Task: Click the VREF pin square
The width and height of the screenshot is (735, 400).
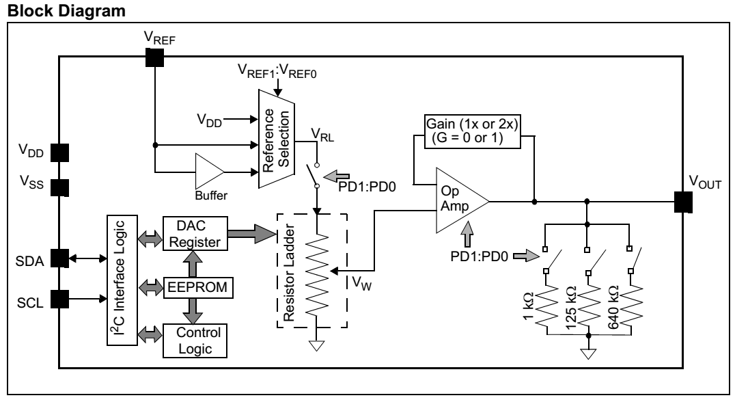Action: pyautogui.click(x=154, y=57)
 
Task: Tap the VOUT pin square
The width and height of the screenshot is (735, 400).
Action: pyautogui.click(x=683, y=202)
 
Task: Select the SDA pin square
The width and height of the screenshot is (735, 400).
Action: pyautogui.click(x=59, y=258)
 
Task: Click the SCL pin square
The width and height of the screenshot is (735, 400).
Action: pyautogui.click(x=59, y=299)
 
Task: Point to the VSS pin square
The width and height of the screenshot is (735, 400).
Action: pyautogui.click(x=59, y=188)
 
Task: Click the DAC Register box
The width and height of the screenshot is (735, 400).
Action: pyautogui.click(x=195, y=233)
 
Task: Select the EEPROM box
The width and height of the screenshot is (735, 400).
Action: pyautogui.click(x=198, y=287)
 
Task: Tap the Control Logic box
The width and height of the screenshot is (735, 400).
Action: pyautogui.click(x=195, y=341)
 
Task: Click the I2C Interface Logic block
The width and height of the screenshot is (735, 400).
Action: pyautogui.click(x=122, y=280)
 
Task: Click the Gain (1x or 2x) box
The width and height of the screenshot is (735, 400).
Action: pyautogui.click(x=472, y=131)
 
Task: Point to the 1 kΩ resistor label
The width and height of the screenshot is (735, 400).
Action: pyautogui.click(x=528, y=306)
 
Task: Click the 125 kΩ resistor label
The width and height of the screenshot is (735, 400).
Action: pyautogui.click(x=570, y=307)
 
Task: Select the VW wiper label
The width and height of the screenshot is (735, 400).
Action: pyautogui.click(x=361, y=283)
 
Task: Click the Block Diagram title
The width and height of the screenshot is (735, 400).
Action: pyautogui.click(x=66, y=10)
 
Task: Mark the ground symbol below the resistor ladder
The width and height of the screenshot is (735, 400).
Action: pyautogui.click(x=317, y=346)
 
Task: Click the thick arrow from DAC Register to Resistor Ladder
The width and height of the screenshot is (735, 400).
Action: pyautogui.click(x=252, y=233)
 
